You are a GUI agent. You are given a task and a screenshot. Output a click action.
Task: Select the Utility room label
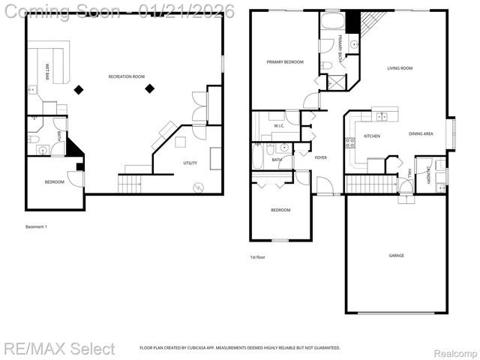click(x=190, y=162)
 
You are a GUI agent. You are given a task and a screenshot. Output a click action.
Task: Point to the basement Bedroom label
click(x=54, y=181)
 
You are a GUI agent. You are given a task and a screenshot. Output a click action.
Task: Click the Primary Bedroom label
click(x=285, y=61)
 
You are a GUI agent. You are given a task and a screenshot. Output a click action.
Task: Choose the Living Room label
click(x=400, y=68)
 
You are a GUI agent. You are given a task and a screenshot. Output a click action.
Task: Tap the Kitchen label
click(x=372, y=136)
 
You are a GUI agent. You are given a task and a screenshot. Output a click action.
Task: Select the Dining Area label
click(x=420, y=133)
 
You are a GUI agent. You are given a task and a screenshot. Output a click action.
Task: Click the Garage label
click(x=396, y=255)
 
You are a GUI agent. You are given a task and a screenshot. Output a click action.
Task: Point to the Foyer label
click(x=320, y=157)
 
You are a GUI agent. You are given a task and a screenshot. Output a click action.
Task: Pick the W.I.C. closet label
click(x=277, y=125)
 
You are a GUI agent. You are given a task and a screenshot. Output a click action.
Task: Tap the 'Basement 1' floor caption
click(x=36, y=226)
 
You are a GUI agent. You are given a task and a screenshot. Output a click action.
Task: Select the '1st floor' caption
click(x=258, y=257)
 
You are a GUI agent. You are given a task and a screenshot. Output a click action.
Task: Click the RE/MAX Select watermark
click(x=60, y=349)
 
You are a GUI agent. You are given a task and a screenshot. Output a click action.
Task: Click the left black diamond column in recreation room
click(x=78, y=89)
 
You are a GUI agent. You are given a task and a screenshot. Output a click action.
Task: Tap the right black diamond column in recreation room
click(x=149, y=88)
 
